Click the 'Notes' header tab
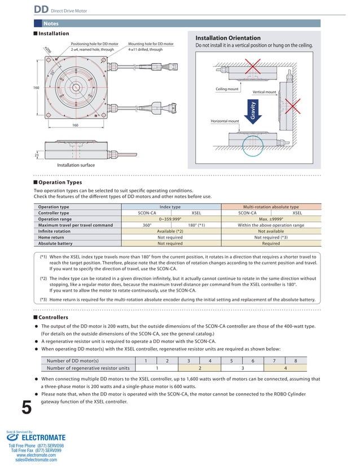(51, 24)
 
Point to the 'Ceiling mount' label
(227, 89)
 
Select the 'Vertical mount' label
(264, 92)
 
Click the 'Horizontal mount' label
(225, 121)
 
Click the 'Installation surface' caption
(76, 165)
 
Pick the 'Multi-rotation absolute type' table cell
(271, 207)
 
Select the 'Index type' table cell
(170, 207)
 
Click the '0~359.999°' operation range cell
(170, 219)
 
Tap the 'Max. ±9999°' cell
(271, 219)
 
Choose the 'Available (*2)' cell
(170, 231)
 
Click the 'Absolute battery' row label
(55, 244)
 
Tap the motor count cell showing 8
(296, 361)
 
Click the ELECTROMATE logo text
(43, 437)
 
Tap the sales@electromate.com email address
(36, 460)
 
